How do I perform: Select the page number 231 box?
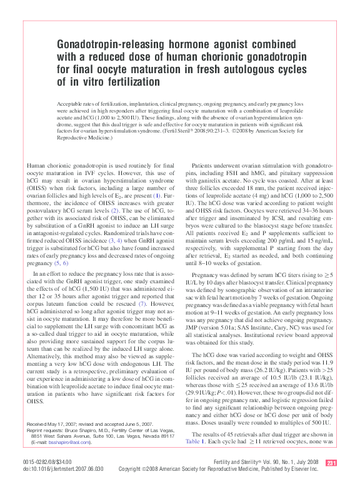tap(332, 463)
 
